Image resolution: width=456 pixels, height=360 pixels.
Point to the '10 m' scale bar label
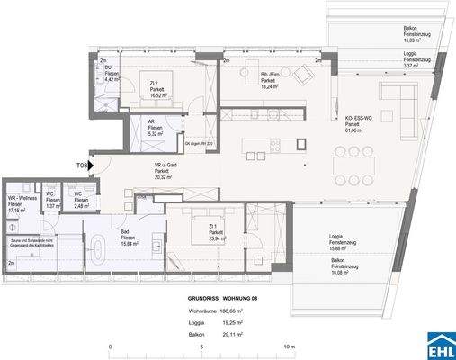(x=288, y=346)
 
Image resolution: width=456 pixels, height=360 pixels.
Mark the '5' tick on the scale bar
(x=202, y=346)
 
